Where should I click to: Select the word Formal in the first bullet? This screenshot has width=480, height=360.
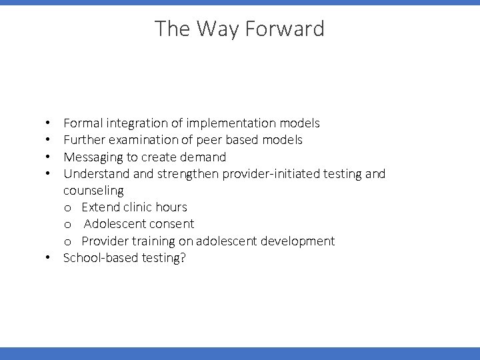pos(83,123)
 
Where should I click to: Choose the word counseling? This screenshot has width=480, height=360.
pos(93,191)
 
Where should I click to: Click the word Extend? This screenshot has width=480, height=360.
pos(99,207)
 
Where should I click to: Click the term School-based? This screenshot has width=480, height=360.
pos(100,258)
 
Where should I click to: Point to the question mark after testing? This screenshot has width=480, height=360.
pos(183,258)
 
